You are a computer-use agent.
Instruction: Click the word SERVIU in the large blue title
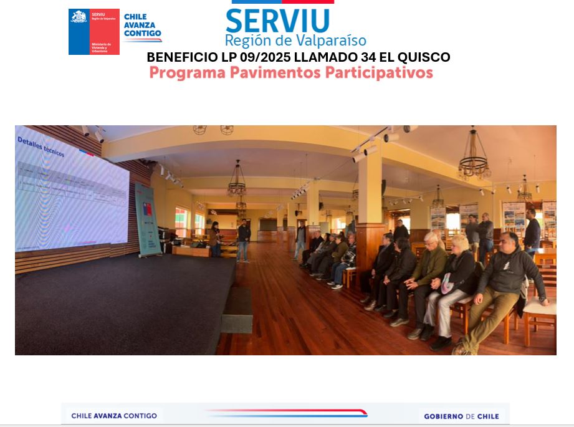click(277, 20)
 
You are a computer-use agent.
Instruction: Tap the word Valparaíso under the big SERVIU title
click(330, 41)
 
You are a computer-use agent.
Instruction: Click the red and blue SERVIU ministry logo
click(93, 32)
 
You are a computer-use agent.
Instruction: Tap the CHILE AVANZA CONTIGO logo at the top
click(143, 28)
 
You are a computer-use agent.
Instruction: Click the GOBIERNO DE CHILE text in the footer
click(461, 416)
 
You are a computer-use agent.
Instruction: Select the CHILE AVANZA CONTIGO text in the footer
click(114, 416)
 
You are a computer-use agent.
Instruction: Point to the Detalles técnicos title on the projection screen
click(41, 147)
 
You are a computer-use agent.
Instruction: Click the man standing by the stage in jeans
click(243, 240)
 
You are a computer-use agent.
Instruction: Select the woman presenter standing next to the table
click(214, 239)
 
